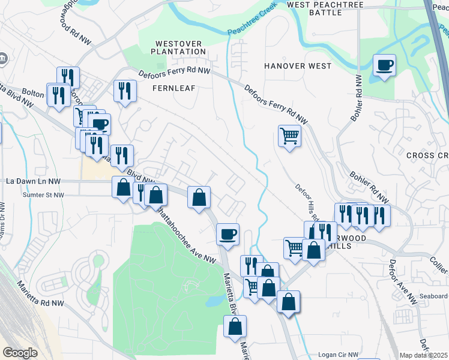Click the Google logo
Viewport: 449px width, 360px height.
coord(20,353)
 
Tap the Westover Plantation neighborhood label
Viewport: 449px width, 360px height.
coord(180,47)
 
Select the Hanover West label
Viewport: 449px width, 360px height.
coord(298,66)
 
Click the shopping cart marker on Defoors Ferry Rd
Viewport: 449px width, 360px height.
coord(289,136)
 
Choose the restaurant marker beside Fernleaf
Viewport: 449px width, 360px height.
coord(125,91)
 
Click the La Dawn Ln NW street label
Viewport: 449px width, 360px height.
coord(34,181)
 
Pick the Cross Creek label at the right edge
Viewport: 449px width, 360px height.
coord(427,155)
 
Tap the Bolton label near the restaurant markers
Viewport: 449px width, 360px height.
coord(34,94)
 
